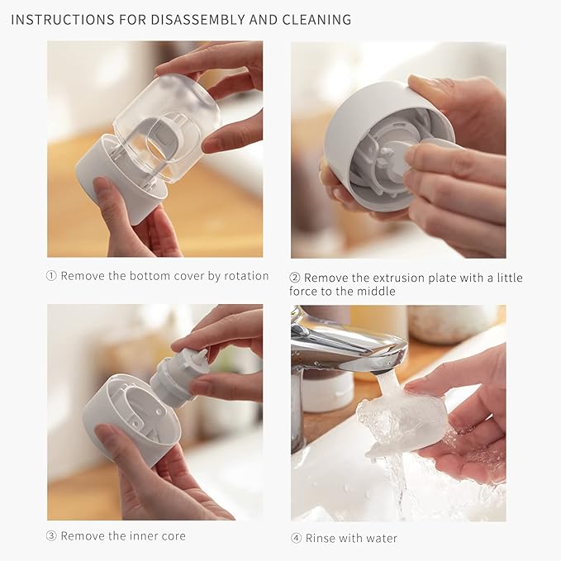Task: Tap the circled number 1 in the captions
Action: pos(51,276)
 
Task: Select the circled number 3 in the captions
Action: pos(51,536)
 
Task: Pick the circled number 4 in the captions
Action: pos(296,539)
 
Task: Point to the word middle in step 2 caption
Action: pos(378,292)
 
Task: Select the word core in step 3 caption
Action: pos(173,536)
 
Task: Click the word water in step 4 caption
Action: pos(380,539)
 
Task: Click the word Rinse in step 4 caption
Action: pos(321,539)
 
